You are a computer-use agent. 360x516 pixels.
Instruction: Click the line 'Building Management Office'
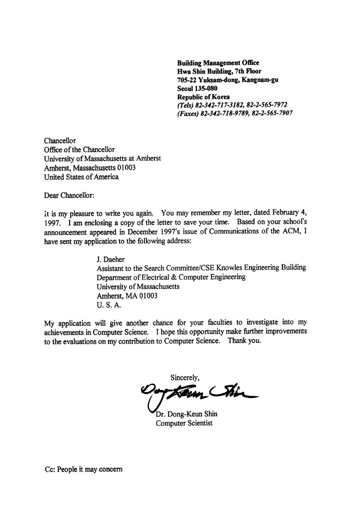tap(218, 63)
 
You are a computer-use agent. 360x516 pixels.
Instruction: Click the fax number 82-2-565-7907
tap(271, 113)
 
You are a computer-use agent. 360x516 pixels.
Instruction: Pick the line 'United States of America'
tap(81, 177)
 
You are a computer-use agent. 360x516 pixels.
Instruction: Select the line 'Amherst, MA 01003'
tap(127, 295)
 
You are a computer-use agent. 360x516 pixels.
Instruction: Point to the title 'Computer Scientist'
tap(184, 423)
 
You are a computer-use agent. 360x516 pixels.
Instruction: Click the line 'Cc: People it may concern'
tap(83, 469)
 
